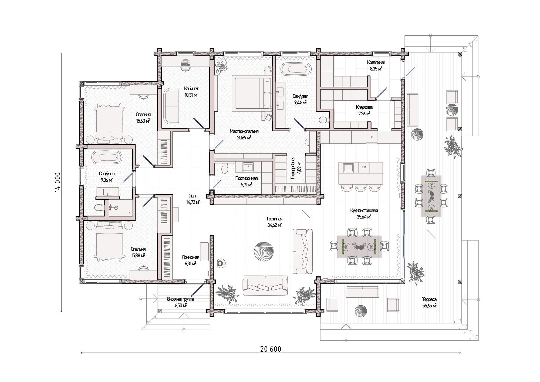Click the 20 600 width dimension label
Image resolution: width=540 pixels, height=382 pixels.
click(271, 349)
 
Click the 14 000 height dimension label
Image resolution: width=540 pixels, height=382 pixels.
click(58, 182)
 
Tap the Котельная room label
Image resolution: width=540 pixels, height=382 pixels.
click(376, 62)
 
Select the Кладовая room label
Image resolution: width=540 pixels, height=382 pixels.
click(364, 107)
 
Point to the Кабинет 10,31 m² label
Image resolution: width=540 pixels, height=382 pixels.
click(191, 92)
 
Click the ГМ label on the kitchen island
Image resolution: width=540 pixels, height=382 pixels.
click(364, 167)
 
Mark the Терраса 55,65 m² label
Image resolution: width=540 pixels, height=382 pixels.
click(429, 302)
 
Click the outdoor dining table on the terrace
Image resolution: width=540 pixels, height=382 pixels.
click(431, 196)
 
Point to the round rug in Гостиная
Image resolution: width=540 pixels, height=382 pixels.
click(264, 252)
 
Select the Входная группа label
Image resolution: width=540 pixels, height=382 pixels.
click(180, 299)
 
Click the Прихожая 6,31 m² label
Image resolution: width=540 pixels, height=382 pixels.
click(190, 260)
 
